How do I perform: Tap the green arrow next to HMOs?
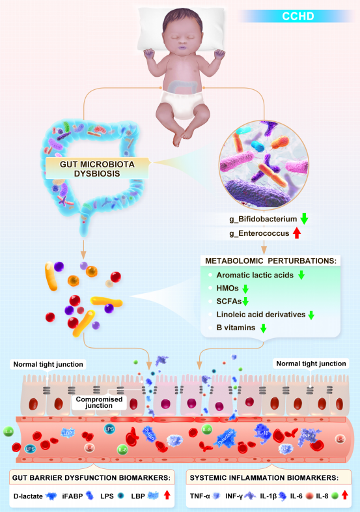pyautogui.click(x=245, y=288)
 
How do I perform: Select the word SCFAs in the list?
pyautogui.click(x=228, y=302)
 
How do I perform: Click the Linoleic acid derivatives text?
pyautogui.click(x=260, y=315)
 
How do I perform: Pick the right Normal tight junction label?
pyautogui.click(x=311, y=363)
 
